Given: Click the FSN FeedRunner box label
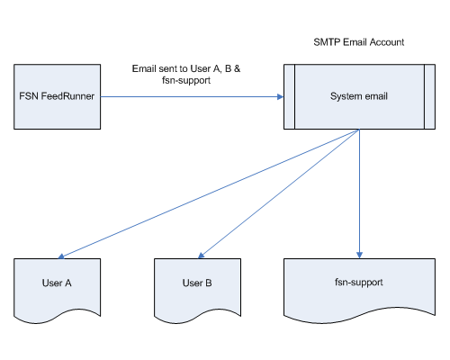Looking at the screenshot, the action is (x=57, y=96).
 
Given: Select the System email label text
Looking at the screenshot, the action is (x=359, y=96).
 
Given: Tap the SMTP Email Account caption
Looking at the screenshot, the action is (x=359, y=42).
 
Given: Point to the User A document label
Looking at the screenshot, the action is (x=57, y=283).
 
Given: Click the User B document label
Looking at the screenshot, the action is (x=197, y=283).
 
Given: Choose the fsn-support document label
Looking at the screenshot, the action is (x=359, y=283).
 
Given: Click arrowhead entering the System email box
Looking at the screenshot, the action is (x=281, y=96).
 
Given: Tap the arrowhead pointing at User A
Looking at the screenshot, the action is (x=61, y=256).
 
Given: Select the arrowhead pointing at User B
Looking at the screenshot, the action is (x=202, y=256).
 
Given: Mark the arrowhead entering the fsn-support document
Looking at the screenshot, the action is (x=359, y=256).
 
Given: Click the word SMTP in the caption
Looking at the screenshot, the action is (x=327, y=42).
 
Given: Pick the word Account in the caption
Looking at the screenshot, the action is (x=387, y=42).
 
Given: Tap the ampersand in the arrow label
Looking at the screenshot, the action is (x=237, y=68).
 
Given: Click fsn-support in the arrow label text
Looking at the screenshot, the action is (x=186, y=80).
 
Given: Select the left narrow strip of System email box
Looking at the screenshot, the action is (x=289, y=96).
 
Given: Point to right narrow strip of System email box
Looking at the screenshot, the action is (x=430, y=96).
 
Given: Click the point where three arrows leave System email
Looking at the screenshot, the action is (x=359, y=130).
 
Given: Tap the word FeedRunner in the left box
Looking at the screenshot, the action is (x=67, y=96).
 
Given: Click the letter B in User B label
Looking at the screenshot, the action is (x=209, y=283).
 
